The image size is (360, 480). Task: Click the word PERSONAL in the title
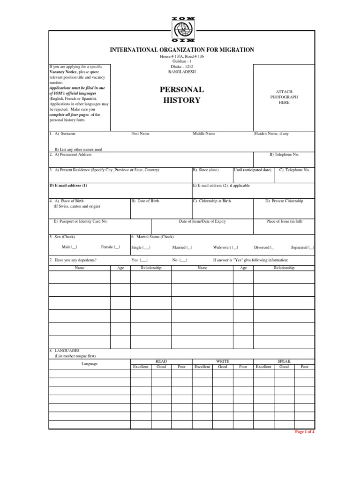tap(182, 89)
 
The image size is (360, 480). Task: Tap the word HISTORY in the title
tap(182, 100)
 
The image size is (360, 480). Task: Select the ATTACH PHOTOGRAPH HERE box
tap(284, 97)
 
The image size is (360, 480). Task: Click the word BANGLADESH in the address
tap(182, 72)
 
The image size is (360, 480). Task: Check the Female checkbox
tap(117, 247)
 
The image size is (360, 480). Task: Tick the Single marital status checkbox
tap(147, 247)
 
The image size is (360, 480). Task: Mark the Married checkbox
tap(190, 247)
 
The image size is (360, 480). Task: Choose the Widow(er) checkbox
tap(235, 247)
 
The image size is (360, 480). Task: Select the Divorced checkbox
tap(272, 247)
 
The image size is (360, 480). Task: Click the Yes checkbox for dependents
tap(145, 260)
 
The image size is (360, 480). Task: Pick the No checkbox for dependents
tap(184, 260)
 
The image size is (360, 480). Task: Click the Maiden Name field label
tap(271, 134)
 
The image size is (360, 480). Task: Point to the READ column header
tap(161, 361)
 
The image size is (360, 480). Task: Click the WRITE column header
tap(222, 361)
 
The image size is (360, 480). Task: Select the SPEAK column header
tap(284, 361)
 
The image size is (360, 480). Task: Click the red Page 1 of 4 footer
tap(304, 432)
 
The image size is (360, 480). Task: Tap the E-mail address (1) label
tap(68, 185)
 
